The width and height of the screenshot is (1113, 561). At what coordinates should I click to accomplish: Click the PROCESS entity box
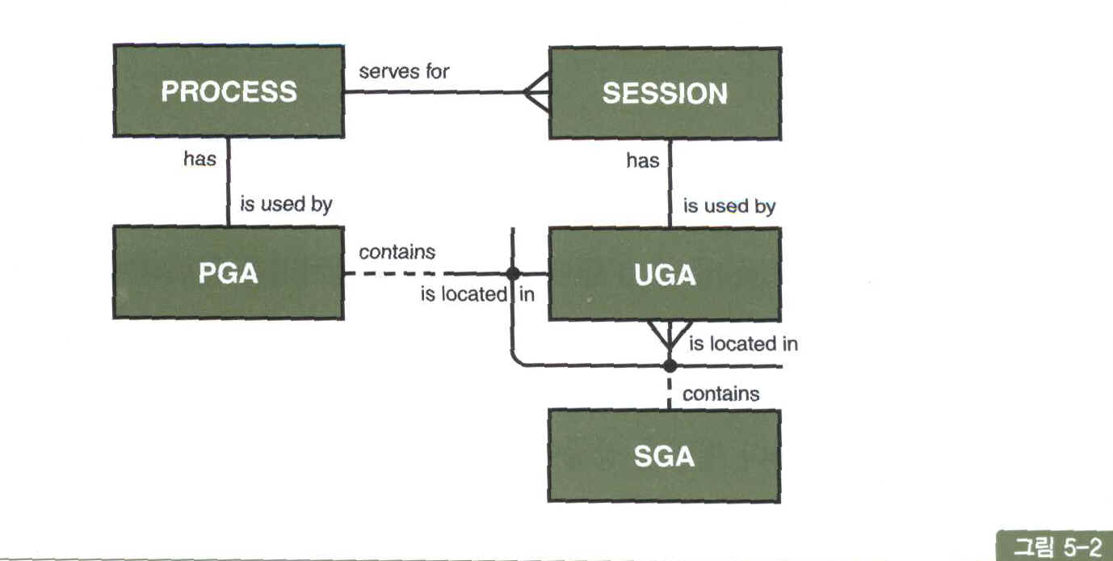(x=228, y=91)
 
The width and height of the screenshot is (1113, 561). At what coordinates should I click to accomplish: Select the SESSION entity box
(x=665, y=93)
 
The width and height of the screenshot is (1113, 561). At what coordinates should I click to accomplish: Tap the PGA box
(x=228, y=273)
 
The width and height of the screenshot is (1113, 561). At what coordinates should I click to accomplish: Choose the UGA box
(x=665, y=275)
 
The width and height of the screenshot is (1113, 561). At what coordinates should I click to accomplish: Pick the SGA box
(x=665, y=457)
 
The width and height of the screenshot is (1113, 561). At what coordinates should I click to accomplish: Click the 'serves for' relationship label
(x=404, y=71)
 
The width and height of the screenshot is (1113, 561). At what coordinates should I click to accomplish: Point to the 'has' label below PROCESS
(x=199, y=159)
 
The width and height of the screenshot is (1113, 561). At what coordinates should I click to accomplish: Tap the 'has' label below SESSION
(x=642, y=161)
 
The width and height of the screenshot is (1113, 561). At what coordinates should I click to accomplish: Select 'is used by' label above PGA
(x=286, y=205)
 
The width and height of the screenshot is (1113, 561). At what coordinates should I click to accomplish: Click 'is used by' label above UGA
(x=729, y=206)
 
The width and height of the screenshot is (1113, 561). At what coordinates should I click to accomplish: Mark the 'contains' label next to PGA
(x=397, y=252)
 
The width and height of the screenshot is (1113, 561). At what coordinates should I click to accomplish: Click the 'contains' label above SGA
(x=720, y=394)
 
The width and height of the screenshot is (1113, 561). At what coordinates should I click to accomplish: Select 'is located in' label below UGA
(x=743, y=344)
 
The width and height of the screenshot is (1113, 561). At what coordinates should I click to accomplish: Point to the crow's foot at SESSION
(x=535, y=93)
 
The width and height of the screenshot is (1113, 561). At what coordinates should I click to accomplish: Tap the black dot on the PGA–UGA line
(x=511, y=273)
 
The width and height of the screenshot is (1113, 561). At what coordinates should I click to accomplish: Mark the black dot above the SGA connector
(x=669, y=365)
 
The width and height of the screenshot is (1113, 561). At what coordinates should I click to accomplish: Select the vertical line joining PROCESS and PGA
(x=229, y=182)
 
